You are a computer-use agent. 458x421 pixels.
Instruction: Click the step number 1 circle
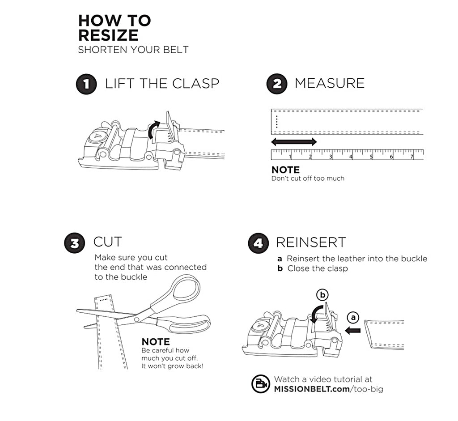[86, 85]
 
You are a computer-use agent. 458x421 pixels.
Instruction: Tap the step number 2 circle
[277, 85]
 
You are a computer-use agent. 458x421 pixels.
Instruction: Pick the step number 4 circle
[258, 243]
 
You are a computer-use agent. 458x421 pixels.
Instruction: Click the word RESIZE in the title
[108, 35]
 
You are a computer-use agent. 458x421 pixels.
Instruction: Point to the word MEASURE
[330, 83]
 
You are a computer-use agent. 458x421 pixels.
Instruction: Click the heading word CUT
[107, 242]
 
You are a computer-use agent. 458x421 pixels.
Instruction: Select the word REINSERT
[311, 242]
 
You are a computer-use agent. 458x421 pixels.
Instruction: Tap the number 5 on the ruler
[371, 157]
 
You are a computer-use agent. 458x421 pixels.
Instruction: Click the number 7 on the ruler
[411, 157]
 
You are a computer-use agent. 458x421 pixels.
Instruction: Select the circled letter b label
[322, 295]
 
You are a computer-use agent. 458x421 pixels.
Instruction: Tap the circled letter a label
[353, 317]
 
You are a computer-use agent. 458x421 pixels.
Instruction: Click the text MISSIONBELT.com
[312, 389]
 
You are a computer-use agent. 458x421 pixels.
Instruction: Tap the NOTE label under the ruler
[285, 170]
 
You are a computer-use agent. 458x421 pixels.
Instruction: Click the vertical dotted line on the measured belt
[277, 121]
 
